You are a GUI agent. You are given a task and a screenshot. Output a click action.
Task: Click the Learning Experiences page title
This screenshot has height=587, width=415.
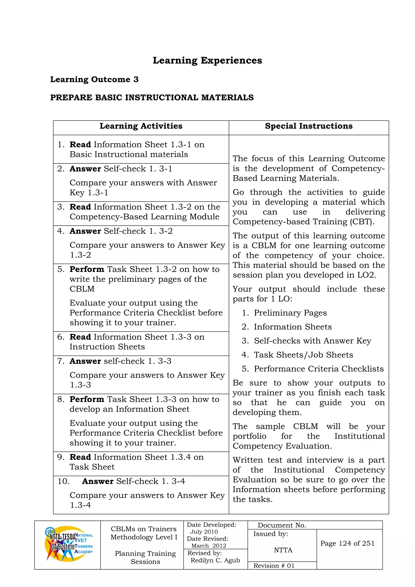click(x=207, y=61)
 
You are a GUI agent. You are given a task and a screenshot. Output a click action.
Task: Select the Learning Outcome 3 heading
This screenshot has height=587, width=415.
click(x=94, y=79)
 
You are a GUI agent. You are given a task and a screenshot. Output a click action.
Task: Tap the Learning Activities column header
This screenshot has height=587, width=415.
click(x=141, y=126)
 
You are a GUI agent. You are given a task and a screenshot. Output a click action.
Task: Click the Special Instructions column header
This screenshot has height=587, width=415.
click(x=308, y=126)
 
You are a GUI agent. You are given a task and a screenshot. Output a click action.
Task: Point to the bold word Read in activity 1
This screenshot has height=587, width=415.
click(x=80, y=145)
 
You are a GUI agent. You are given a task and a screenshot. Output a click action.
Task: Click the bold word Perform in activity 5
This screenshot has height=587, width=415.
click(x=87, y=269)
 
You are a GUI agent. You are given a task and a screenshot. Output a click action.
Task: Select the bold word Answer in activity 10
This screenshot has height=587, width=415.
click(x=98, y=481)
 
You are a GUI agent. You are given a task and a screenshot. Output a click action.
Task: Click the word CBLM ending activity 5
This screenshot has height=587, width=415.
click(x=82, y=289)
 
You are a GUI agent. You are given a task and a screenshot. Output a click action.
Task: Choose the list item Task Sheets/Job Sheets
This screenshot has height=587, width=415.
click(x=303, y=355)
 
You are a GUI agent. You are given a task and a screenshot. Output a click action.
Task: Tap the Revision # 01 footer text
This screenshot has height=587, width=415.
click(x=274, y=566)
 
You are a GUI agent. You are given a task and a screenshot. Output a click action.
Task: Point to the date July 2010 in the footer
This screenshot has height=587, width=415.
click(x=204, y=532)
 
